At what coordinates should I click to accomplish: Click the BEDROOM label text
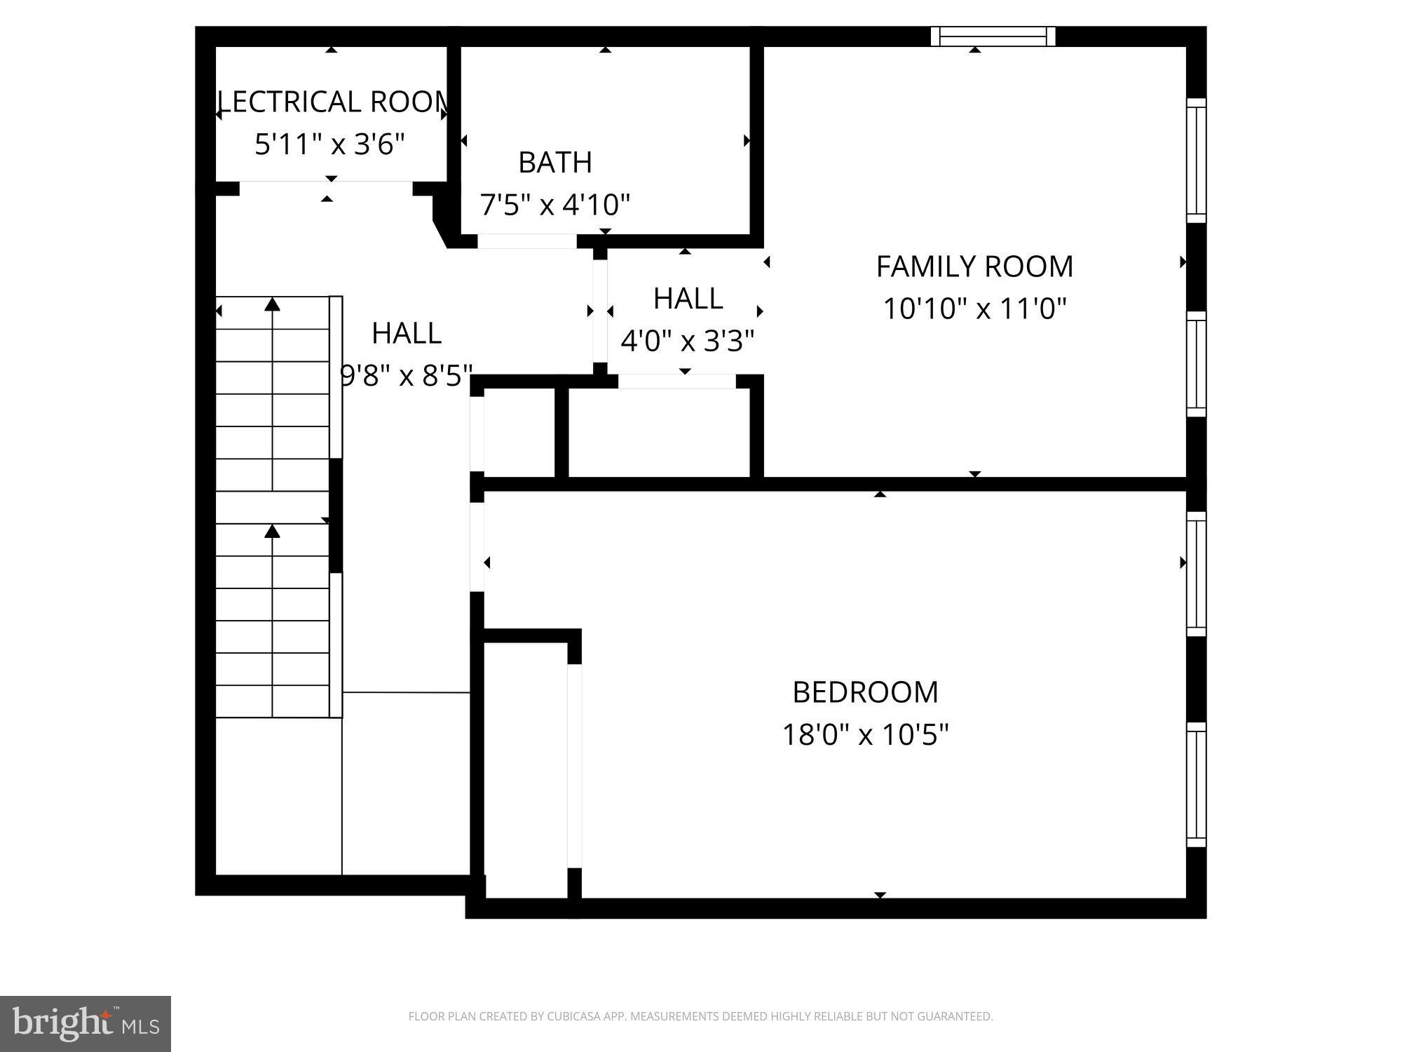pyautogui.click(x=865, y=692)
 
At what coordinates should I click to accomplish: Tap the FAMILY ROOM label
pyautogui.click(x=974, y=267)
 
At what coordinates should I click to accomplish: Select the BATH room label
pyautogui.click(x=555, y=163)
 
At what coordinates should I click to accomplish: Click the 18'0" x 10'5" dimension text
pyautogui.click(x=865, y=735)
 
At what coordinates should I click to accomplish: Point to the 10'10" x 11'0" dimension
pyautogui.click(x=974, y=309)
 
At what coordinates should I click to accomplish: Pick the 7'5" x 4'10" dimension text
pyautogui.click(x=555, y=205)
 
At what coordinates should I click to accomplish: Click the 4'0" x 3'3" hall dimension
pyautogui.click(x=688, y=342)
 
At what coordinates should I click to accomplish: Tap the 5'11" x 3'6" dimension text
pyautogui.click(x=329, y=144)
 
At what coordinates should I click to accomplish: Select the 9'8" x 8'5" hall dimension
pyautogui.click(x=407, y=376)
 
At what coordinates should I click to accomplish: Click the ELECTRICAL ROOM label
pyautogui.click(x=332, y=102)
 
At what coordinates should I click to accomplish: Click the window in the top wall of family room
pyautogui.click(x=993, y=36)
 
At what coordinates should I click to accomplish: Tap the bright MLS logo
pyautogui.click(x=85, y=1023)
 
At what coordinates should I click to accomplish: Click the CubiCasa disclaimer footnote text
pyautogui.click(x=700, y=1016)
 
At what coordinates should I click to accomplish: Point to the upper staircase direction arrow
pyautogui.click(x=272, y=305)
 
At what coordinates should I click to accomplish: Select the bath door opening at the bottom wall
pyautogui.click(x=527, y=241)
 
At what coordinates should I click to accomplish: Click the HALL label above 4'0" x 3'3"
pyautogui.click(x=688, y=299)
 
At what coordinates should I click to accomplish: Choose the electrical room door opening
pyautogui.click(x=326, y=182)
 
